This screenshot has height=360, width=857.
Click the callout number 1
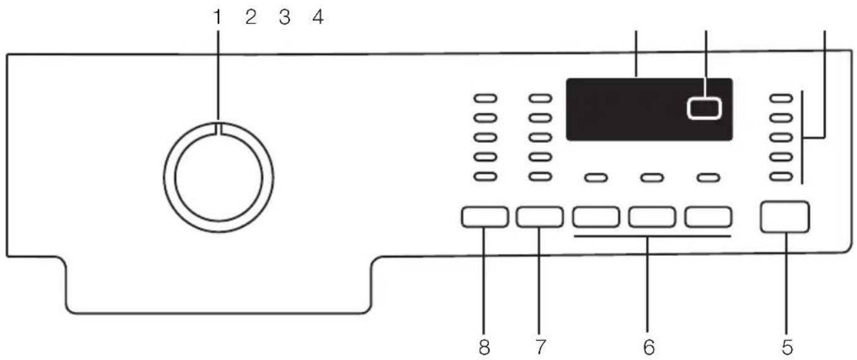click(218, 17)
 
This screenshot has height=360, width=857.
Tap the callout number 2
click(251, 17)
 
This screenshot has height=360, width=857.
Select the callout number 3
click(285, 17)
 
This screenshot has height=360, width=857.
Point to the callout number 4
click(318, 17)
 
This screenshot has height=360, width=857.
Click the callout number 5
click(787, 347)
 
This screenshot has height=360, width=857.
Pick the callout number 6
click(649, 347)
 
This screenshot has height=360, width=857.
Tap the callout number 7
click(540, 347)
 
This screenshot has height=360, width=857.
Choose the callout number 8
click(484, 347)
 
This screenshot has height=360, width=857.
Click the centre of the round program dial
click(219, 178)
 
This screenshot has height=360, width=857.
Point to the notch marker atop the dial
click(219, 129)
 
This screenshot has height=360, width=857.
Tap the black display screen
click(649, 109)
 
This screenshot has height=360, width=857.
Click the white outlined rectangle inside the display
click(704, 109)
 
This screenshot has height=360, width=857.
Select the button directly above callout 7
click(540, 217)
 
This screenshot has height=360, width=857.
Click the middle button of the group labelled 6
click(652, 217)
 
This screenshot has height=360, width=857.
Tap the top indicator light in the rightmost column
click(781, 99)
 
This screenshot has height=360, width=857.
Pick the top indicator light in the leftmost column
click(486, 99)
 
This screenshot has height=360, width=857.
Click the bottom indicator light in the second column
click(541, 177)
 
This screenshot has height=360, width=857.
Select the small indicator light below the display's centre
click(652, 178)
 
